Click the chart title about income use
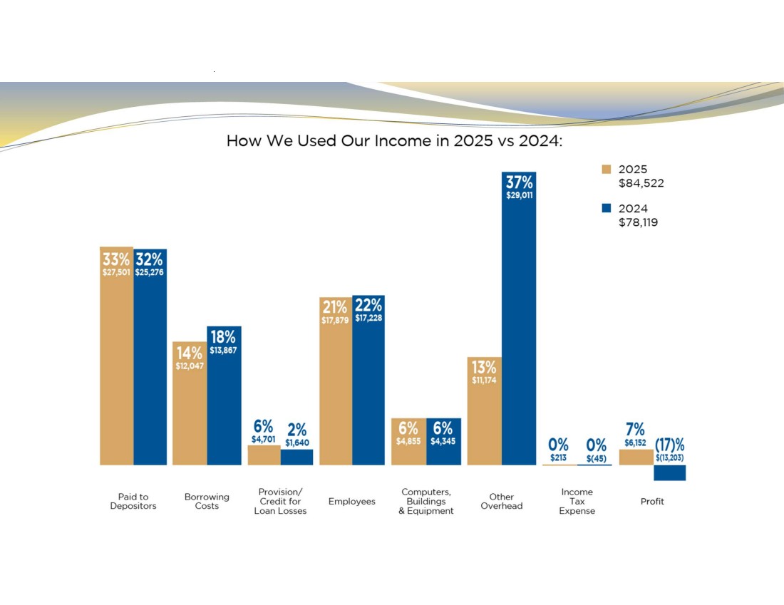pyautogui.click(x=394, y=140)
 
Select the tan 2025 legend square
pyautogui.click(x=607, y=169)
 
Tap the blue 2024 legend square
pyautogui.click(x=607, y=208)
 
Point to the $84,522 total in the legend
pyautogui.click(x=641, y=183)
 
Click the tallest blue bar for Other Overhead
pyautogui.click(x=519, y=319)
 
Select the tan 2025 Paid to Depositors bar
pyautogui.click(x=116, y=356)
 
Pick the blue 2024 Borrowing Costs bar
pyautogui.click(x=224, y=395)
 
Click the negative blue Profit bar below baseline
pyautogui.click(x=669, y=473)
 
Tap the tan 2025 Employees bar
pyautogui.click(x=336, y=381)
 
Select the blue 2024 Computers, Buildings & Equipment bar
pyautogui.click(x=443, y=442)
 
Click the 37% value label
pyautogui.click(x=519, y=182)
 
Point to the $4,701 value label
pyautogui.click(x=264, y=440)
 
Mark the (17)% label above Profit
pyautogui.click(x=669, y=445)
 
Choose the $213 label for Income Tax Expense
pyautogui.click(x=559, y=457)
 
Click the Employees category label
pyautogui.click(x=352, y=502)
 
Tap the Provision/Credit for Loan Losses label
pyautogui.click(x=280, y=502)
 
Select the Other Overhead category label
pyautogui.click(x=502, y=502)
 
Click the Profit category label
pyautogui.click(x=652, y=502)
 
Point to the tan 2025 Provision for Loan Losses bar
pyautogui.click(x=264, y=455)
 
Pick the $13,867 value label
pyautogui.click(x=223, y=351)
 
